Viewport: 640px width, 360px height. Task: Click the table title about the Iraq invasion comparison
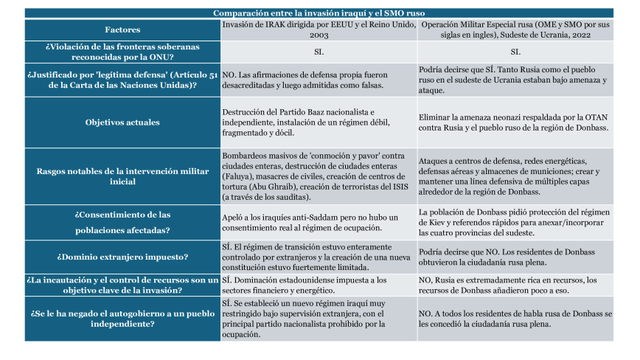click(x=319, y=13)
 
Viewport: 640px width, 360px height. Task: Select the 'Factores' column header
click(x=122, y=30)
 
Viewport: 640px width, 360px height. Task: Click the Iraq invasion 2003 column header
click(x=318, y=30)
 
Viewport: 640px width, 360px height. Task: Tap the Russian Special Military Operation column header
click(x=515, y=30)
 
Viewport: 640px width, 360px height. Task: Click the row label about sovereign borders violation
click(x=122, y=52)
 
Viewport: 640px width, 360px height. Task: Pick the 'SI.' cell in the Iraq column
click(x=318, y=52)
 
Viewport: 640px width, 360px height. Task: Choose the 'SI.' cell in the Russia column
click(x=515, y=52)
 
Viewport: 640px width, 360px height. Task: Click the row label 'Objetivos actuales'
click(x=122, y=122)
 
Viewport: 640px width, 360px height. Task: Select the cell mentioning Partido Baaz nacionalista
click(x=318, y=122)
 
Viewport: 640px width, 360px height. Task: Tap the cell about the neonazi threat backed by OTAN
click(x=515, y=122)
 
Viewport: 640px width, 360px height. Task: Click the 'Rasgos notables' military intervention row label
click(x=122, y=176)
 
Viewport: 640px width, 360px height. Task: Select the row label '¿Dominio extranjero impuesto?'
click(x=122, y=257)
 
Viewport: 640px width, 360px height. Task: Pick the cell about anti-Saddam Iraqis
click(x=318, y=222)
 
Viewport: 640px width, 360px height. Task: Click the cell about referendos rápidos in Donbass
click(x=515, y=222)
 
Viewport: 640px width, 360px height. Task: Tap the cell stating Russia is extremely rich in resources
click(x=515, y=285)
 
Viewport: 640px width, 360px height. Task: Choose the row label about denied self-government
click(x=122, y=318)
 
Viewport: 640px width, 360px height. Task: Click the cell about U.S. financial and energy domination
click(x=318, y=285)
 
